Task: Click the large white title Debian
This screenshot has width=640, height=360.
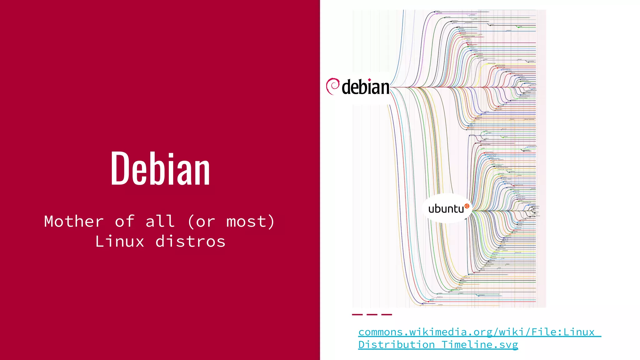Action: (160, 169)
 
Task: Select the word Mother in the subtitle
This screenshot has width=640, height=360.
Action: (74, 222)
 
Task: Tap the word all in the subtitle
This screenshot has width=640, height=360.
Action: (160, 222)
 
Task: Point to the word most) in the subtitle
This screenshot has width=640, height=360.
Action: (250, 222)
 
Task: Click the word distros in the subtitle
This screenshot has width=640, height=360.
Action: (190, 242)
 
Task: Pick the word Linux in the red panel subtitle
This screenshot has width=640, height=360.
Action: (120, 242)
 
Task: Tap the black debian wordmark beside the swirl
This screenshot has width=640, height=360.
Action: (366, 87)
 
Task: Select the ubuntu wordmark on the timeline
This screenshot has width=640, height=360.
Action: (446, 209)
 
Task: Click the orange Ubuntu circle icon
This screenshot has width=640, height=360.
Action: (467, 206)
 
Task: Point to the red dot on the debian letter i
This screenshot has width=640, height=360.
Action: (370, 80)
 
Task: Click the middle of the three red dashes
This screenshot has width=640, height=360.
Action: (372, 314)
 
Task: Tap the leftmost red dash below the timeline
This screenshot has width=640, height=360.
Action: (357, 314)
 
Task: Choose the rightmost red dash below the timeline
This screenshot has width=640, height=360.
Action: (387, 314)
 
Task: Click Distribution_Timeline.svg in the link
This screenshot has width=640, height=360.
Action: (438, 345)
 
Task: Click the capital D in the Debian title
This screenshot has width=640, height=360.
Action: (120, 169)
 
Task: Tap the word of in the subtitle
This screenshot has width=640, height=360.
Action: (125, 222)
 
